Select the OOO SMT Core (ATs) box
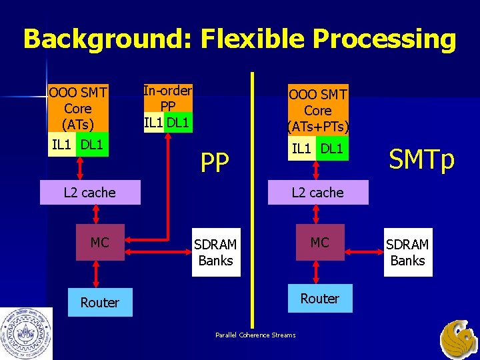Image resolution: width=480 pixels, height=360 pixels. click(x=77, y=108)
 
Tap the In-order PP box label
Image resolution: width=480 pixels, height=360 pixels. click(x=168, y=99)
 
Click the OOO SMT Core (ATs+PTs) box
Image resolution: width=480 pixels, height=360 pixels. click(x=317, y=110)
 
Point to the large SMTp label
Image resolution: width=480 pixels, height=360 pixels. click(x=421, y=160)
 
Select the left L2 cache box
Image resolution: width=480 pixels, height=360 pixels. click(x=89, y=193)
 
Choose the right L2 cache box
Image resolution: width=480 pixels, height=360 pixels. click(x=317, y=193)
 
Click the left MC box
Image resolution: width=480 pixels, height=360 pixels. click(x=99, y=243)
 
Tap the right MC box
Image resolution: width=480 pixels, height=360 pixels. click(x=320, y=243)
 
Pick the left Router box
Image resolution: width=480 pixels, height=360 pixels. click(x=99, y=303)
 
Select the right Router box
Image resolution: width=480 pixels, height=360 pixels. click(x=320, y=299)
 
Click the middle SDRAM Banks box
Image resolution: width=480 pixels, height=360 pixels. click(x=215, y=252)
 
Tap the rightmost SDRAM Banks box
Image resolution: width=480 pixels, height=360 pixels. click(x=407, y=252)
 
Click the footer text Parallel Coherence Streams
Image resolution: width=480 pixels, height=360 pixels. click(x=255, y=335)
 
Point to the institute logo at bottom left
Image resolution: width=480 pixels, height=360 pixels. click(x=26, y=333)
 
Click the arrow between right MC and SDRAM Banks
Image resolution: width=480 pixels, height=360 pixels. click(x=363, y=251)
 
